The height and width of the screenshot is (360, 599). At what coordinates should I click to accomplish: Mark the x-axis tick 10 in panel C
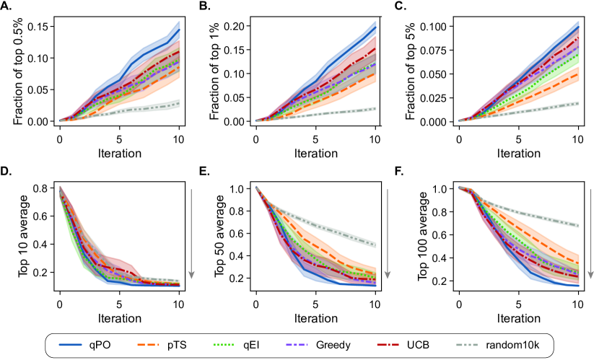click(x=577, y=138)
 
